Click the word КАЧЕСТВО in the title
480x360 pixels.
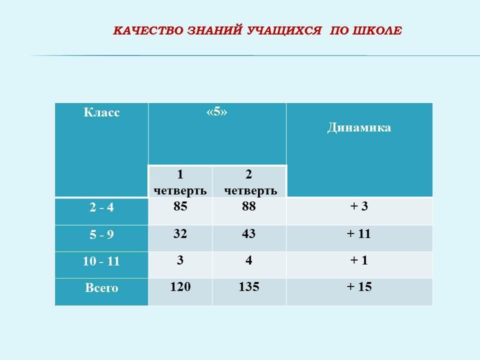[x=148, y=30]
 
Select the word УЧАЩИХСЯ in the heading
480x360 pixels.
[x=284, y=30]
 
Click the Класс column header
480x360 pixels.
[x=101, y=112]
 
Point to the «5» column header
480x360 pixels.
[x=216, y=111]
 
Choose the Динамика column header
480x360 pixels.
[x=359, y=127]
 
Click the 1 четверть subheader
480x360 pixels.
[x=180, y=182]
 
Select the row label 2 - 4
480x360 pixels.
[x=101, y=207]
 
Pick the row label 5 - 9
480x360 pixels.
[x=101, y=235]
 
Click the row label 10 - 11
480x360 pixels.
[x=101, y=261]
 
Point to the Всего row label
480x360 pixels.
[x=101, y=288]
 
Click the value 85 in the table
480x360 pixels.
[x=180, y=206]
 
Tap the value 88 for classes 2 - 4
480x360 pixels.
[x=249, y=206]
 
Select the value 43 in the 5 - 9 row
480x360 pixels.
[x=248, y=233]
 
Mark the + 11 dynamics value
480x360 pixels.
[x=359, y=233]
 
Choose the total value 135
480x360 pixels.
[x=249, y=286]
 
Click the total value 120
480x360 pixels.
[x=180, y=286]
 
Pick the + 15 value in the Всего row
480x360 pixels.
[x=359, y=286]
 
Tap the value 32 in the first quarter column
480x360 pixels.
[x=180, y=233]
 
